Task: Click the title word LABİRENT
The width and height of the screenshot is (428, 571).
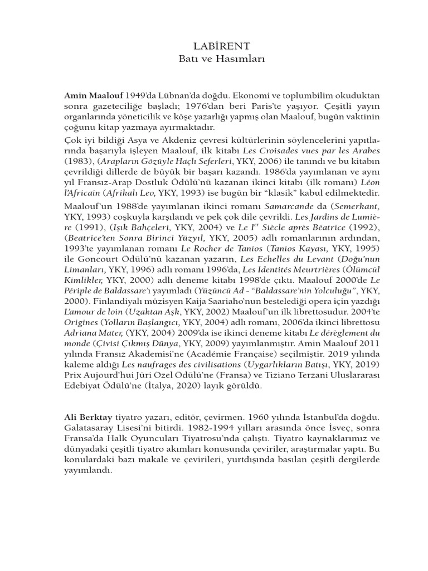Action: (214, 45)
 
